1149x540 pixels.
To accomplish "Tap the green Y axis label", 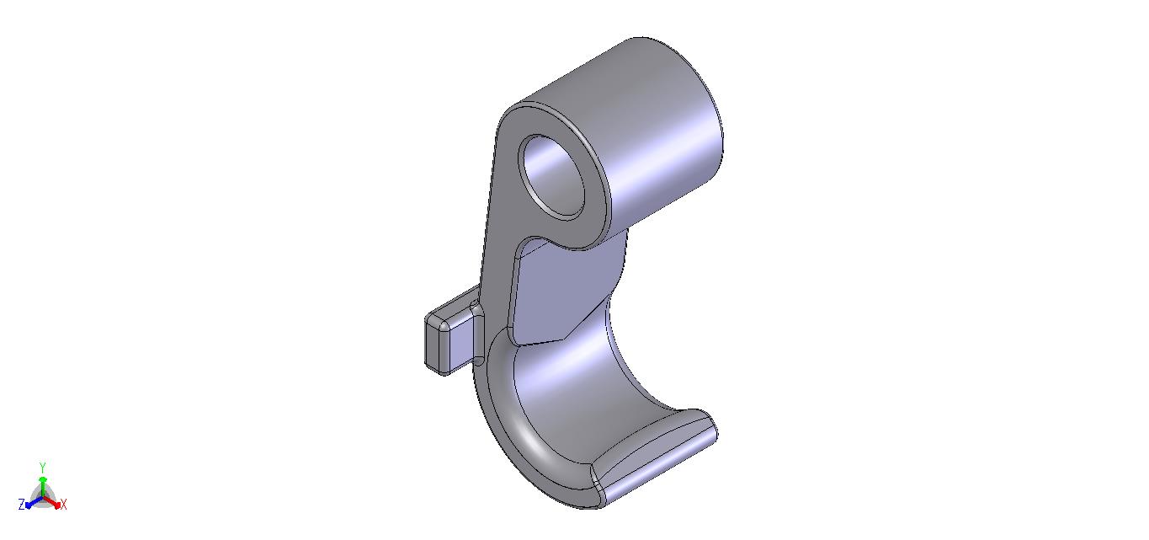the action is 43,467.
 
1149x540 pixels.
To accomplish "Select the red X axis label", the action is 64,505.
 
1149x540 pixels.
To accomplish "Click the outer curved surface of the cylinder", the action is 662,133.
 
